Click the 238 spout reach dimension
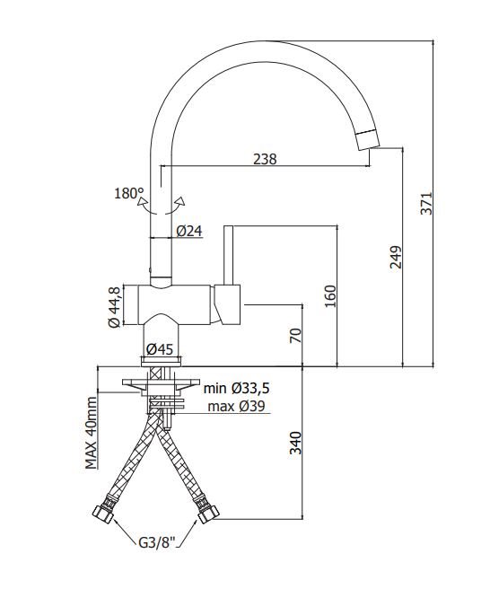click(x=265, y=159)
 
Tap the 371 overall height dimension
click(x=426, y=203)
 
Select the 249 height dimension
click(x=396, y=257)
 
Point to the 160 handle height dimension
click(x=330, y=296)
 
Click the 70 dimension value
click(x=295, y=336)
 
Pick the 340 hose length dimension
click(x=296, y=443)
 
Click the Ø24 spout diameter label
click(x=189, y=231)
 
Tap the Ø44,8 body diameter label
click(x=114, y=307)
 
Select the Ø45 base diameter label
click(x=160, y=349)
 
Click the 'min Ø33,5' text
click(x=237, y=389)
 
